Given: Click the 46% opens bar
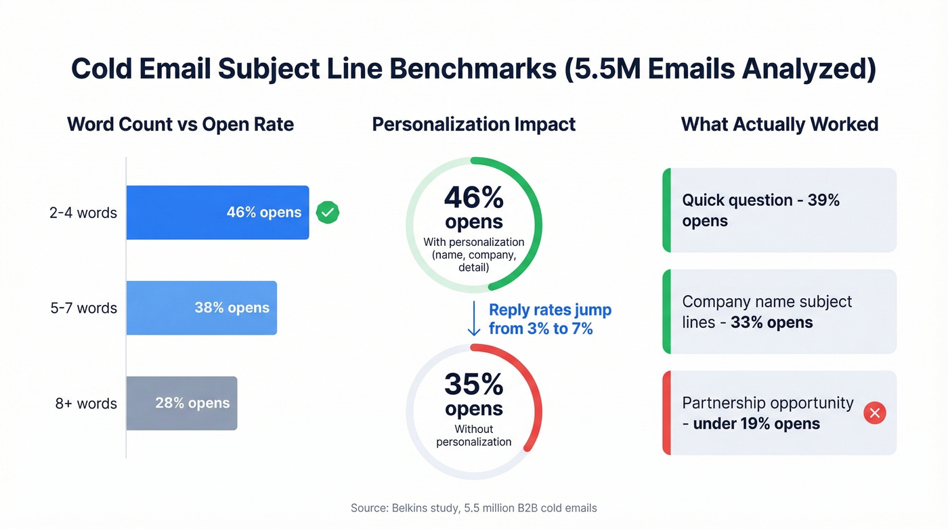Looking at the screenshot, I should tap(217, 213).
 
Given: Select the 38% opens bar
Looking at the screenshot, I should tap(201, 308).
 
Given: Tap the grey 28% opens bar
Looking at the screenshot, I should tap(181, 403).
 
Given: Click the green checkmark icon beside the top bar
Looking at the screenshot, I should tap(328, 213).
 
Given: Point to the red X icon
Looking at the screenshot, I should tap(875, 412).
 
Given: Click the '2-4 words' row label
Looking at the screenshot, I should tap(83, 213).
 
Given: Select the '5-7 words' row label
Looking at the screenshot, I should tap(83, 308).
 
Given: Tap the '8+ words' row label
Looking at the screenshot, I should tap(86, 404).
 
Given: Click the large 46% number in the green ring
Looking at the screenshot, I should tap(474, 198).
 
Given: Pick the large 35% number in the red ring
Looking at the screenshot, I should tap(474, 385).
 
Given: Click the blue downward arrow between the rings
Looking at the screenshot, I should tap(474, 319).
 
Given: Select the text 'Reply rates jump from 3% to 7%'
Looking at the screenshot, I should tap(550, 319).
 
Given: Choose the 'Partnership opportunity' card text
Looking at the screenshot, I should tap(767, 413).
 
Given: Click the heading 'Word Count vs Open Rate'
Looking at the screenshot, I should tap(180, 125).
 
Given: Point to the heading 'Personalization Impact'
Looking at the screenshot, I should tap(474, 125).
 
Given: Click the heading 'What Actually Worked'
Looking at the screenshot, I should tap(779, 125).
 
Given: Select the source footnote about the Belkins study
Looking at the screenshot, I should tap(474, 508).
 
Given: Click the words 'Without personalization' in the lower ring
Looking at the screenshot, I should tap(474, 436).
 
